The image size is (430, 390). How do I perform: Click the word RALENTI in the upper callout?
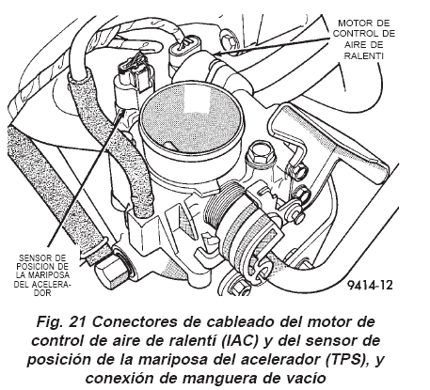(364, 55)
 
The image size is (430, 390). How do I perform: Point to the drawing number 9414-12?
(370, 285)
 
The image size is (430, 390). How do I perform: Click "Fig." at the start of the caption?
(48, 322)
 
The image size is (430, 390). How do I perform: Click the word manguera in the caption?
(221, 379)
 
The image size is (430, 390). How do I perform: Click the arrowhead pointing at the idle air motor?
(217, 54)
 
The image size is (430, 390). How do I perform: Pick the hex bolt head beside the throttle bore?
(260, 153)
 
